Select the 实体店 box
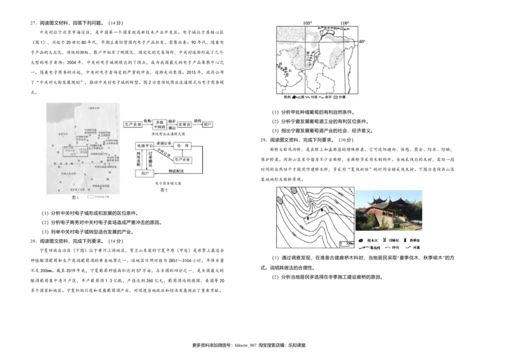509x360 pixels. pos(187,125)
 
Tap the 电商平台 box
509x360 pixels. pos(145,146)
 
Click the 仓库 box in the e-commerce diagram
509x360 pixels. pos(183,146)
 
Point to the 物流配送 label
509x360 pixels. pos(176,170)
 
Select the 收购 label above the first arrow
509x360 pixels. pos(147,120)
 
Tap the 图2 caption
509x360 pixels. pos(164,190)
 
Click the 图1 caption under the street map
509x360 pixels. pos(74,198)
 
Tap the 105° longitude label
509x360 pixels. pos(307,23)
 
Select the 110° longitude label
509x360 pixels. pos(344,23)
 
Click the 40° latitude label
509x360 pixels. pos(361,42)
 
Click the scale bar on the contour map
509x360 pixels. pos(347,244)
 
